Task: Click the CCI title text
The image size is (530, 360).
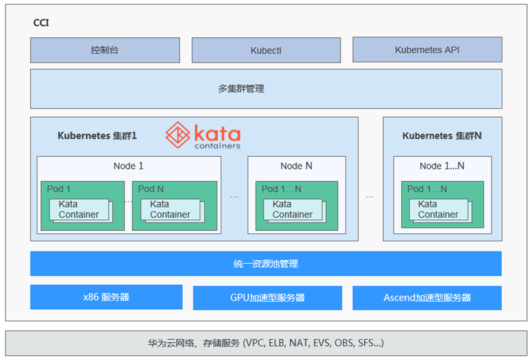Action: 41,23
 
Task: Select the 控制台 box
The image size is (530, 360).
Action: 105,50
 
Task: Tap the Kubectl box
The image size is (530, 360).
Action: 266,50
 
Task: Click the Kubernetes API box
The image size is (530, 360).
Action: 427,50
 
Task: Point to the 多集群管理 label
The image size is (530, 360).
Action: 241,89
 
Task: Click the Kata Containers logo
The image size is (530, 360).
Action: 203,135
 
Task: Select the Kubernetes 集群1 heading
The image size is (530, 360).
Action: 97,136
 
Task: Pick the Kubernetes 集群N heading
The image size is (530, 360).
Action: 442,136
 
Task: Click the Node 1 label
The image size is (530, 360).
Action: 129,166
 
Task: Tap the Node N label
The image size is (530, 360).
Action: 296,166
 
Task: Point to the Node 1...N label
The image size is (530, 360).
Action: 442,166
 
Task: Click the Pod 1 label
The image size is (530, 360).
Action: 58,189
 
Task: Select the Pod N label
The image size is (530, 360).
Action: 151,189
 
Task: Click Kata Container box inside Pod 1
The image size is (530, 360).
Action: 81,211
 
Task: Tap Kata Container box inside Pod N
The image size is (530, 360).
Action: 172,211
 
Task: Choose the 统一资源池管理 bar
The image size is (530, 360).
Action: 266,263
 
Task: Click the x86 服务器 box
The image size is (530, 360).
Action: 106,297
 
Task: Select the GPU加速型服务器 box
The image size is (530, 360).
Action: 267,298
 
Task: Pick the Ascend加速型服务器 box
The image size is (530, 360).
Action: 427,298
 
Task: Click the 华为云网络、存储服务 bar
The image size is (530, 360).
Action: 266,343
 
